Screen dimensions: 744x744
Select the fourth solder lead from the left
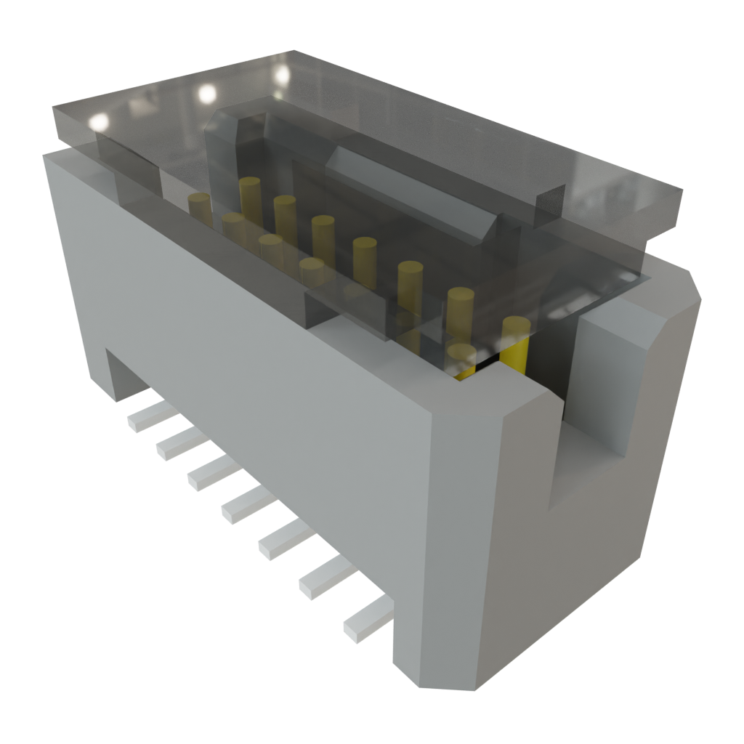(248, 505)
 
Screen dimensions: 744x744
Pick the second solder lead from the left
(179, 444)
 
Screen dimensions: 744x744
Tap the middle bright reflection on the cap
(207, 92)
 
